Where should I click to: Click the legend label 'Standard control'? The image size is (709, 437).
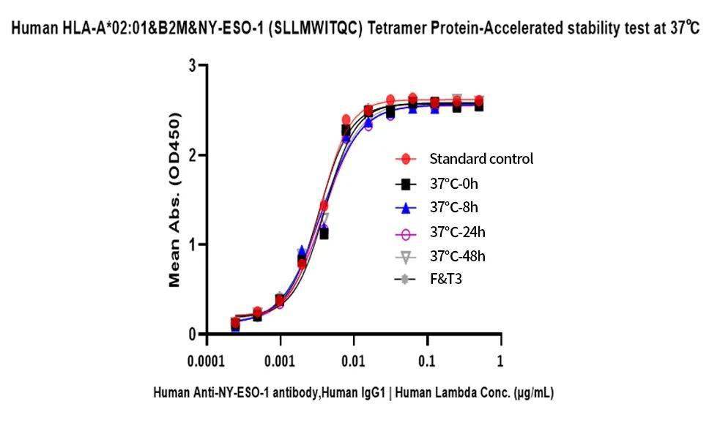pyautogui.click(x=481, y=159)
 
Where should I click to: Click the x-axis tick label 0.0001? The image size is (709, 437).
pyautogui.click(x=207, y=361)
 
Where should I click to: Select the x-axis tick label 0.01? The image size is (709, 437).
pyautogui.click(x=353, y=361)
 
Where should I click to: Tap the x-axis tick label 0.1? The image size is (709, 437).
pyautogui.click(x=426, y=361)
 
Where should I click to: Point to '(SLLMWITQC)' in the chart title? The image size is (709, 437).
pyautogui.click(x=319, y=29)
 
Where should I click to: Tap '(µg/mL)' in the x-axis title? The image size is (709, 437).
pyautogui.click(x=532, y=393)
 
